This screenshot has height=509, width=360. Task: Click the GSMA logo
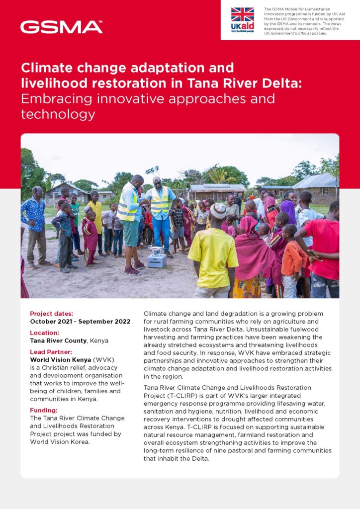[x=61, y=27]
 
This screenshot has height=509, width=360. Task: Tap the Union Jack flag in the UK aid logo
[x=243, y=14]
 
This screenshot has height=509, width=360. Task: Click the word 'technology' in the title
[x=58, y=114]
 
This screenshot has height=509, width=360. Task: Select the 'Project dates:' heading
[x=51, y=314]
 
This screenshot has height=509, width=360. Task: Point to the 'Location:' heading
[x=44, y=333]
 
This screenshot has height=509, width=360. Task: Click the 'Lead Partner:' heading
[x=51, y=351]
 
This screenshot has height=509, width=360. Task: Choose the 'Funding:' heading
[x=44, y=410]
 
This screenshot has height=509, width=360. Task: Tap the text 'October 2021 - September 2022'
[x=80, y=322]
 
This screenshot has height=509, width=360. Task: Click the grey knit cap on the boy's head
[x=217, y=210]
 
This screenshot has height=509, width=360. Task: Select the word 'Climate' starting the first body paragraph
[x=156, y=314]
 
